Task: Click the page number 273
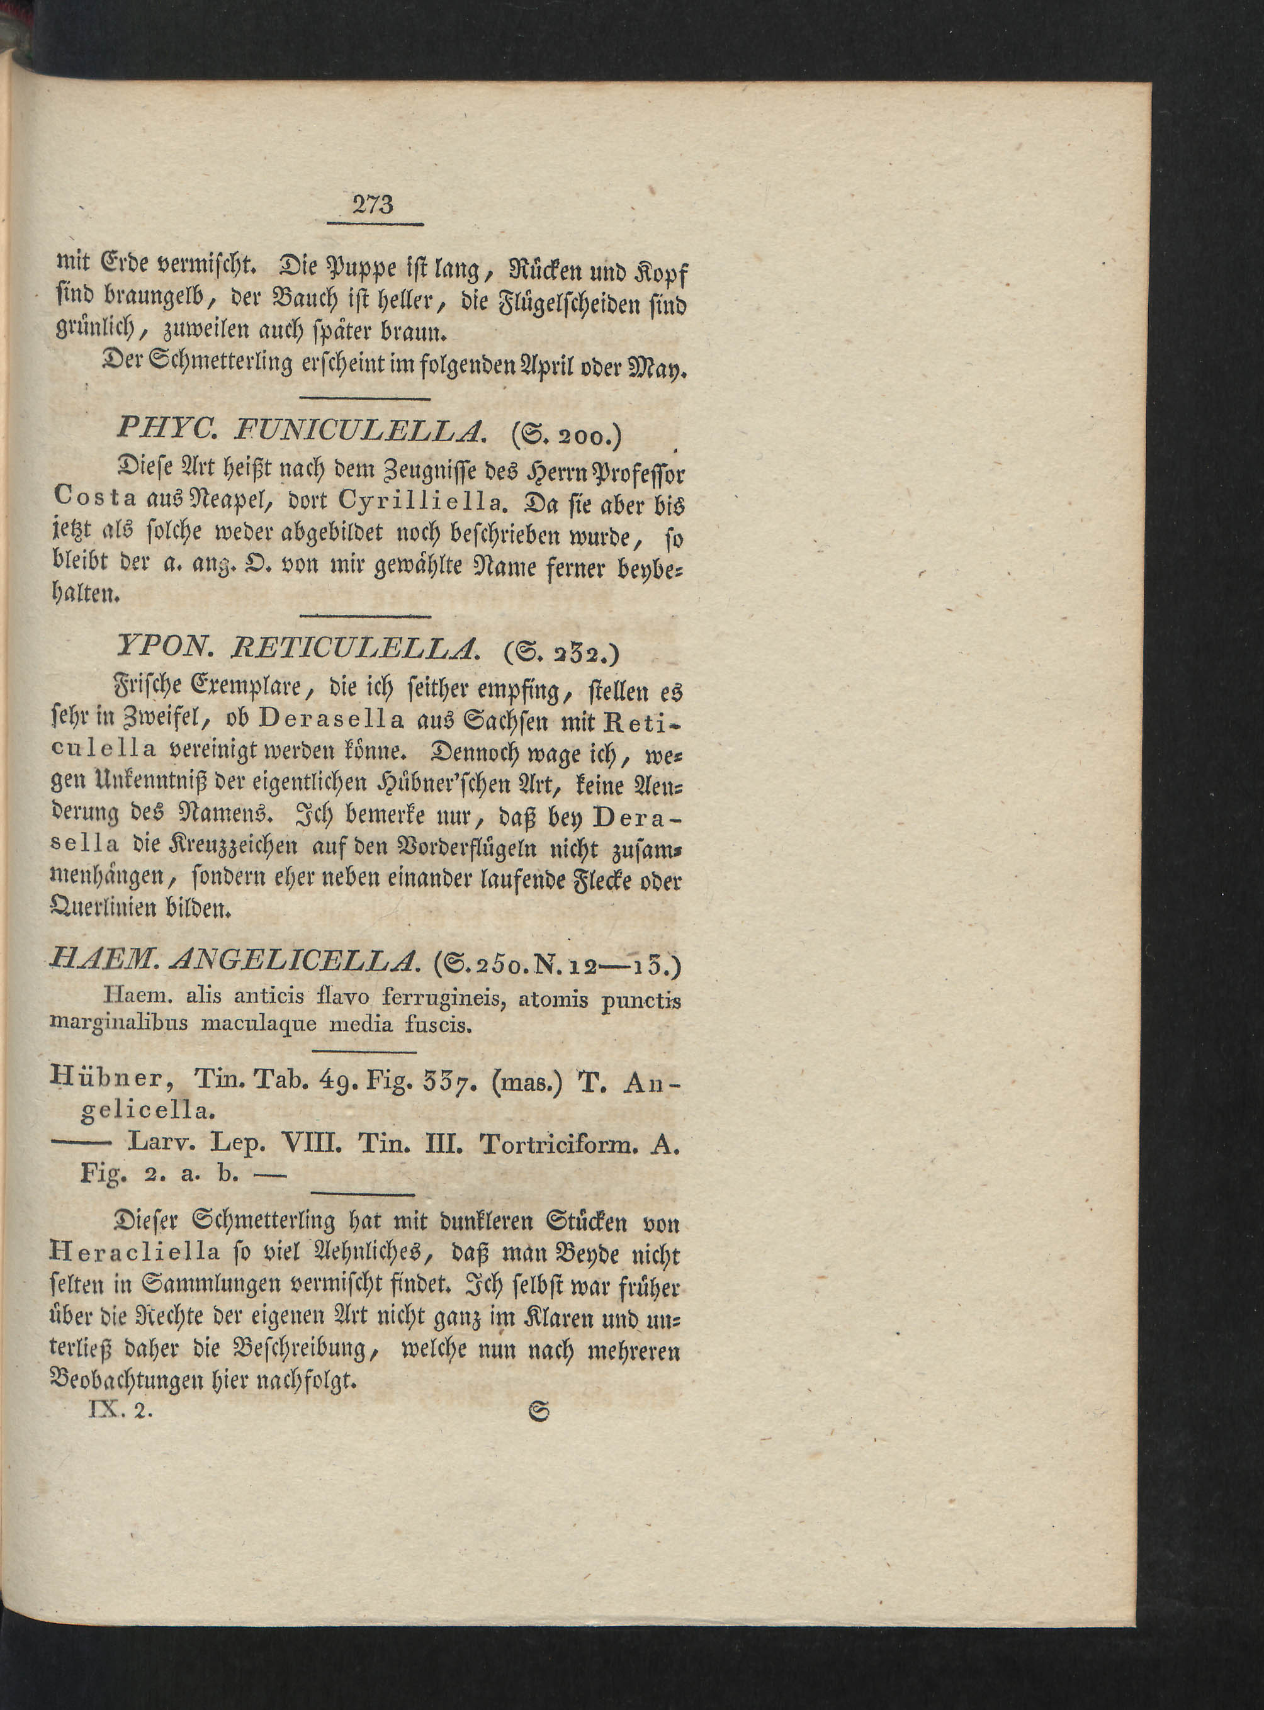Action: (373, 205)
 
